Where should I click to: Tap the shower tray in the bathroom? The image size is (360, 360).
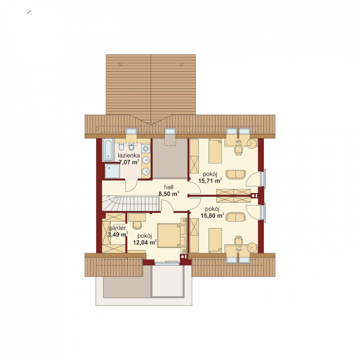tap(112, 171)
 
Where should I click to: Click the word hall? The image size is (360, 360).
tap(169, 187)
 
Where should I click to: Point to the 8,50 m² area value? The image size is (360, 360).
tap(169, 194)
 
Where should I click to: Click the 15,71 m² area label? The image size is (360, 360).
tap(210, 181)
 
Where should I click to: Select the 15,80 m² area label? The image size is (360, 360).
tap(212, 215)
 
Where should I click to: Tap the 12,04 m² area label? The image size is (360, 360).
tap(145, 242)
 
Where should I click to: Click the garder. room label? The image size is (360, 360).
tap(117, 228)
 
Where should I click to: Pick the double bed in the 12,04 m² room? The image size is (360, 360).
tap(172, 236)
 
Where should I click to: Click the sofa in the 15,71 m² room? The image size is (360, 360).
tap(236, 174)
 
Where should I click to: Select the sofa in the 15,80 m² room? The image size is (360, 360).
tap(236, 217)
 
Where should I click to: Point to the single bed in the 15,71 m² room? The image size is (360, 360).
tap(215, 151)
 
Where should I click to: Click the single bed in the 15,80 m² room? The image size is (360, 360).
tap(215, 240)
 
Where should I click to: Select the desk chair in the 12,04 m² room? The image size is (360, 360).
tap(137, 225)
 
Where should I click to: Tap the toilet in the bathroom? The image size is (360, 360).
tap(121, 146)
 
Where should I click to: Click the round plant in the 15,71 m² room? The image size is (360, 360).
tap(252, 143)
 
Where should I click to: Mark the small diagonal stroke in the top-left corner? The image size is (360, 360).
tap(29, 12)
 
